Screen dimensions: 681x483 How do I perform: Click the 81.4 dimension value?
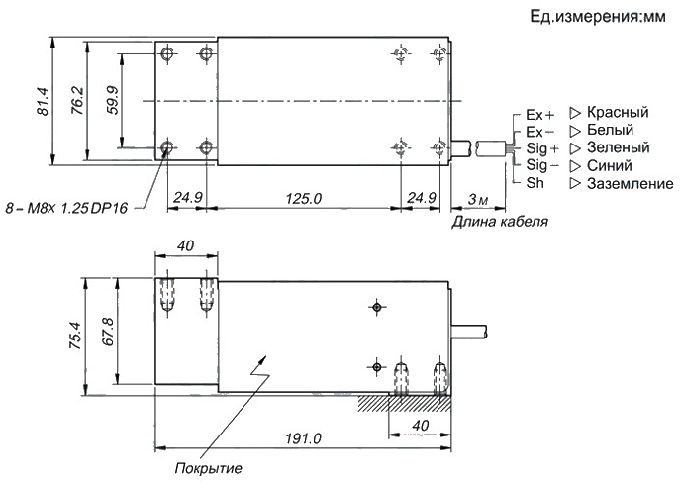point(43,102)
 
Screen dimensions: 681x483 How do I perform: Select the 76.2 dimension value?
point(77,100)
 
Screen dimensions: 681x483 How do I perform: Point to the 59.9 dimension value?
point(112,100)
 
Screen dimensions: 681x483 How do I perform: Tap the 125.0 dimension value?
point(304,199)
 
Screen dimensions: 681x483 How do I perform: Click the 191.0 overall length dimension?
point(303,438)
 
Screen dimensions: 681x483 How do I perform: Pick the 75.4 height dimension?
point(74,336)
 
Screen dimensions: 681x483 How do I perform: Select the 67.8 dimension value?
point(107,332)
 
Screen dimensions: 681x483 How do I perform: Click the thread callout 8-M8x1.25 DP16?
point(66,209)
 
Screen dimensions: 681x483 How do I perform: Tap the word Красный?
point(618,112)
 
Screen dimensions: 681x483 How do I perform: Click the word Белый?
point(610,130)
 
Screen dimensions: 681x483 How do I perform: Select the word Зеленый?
point(618,147)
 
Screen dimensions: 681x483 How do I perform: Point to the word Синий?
point(610,165)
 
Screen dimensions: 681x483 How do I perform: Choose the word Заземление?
point(631,184)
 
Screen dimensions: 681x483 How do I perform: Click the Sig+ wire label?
point(542,148)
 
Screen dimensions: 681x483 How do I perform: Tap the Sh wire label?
point(535,183)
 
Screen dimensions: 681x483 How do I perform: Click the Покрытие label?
point(208,469)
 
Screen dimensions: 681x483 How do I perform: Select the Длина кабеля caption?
point(500,222)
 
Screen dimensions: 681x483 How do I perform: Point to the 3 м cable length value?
point(478,199)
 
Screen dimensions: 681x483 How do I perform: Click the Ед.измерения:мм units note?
point(598,17)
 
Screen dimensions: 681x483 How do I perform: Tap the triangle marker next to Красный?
point(574,114)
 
